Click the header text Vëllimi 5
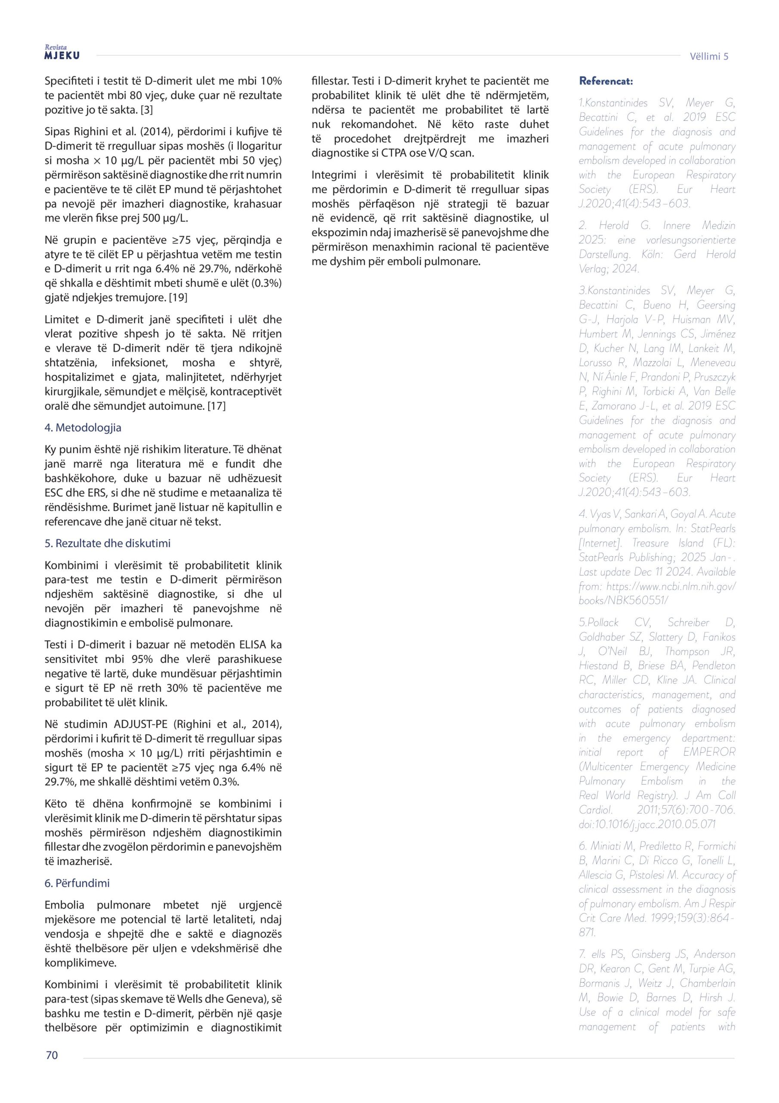tap(709, 56)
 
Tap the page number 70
tap(52, 1055)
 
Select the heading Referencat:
tap(606, 81)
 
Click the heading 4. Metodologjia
tap(83, 427)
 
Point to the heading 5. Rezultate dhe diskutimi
tap(108, 543)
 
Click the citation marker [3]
tap(146, 110)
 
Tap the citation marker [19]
tap(178, 298)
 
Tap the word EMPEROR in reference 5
tap(709, 752)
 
